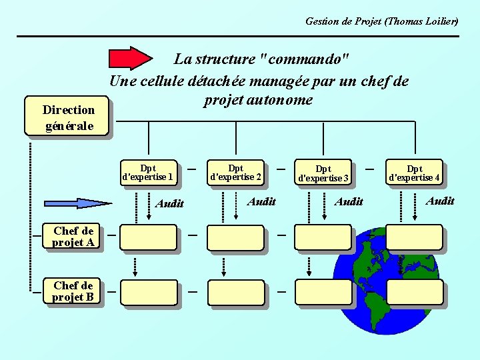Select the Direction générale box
coord(68,117)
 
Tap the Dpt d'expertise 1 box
coord(148,173)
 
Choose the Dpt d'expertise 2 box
coord(235,173)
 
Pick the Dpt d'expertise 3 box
coord(323,173)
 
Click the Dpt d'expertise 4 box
coord(414,173)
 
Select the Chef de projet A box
coord(73,237)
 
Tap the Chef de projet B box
coord(73,291)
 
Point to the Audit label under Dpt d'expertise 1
coord(169,204)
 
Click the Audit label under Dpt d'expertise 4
coord(440,201)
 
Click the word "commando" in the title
coord(306,59)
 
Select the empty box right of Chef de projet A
coord(149,237)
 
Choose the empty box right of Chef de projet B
coord(149,292)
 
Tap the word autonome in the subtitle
coord(279,100)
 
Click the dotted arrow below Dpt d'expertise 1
coord(149,206)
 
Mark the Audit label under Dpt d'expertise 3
coord(349,201)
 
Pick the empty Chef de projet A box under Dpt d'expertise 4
coord(414,237)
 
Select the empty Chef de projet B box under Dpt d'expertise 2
coord(235,292)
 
